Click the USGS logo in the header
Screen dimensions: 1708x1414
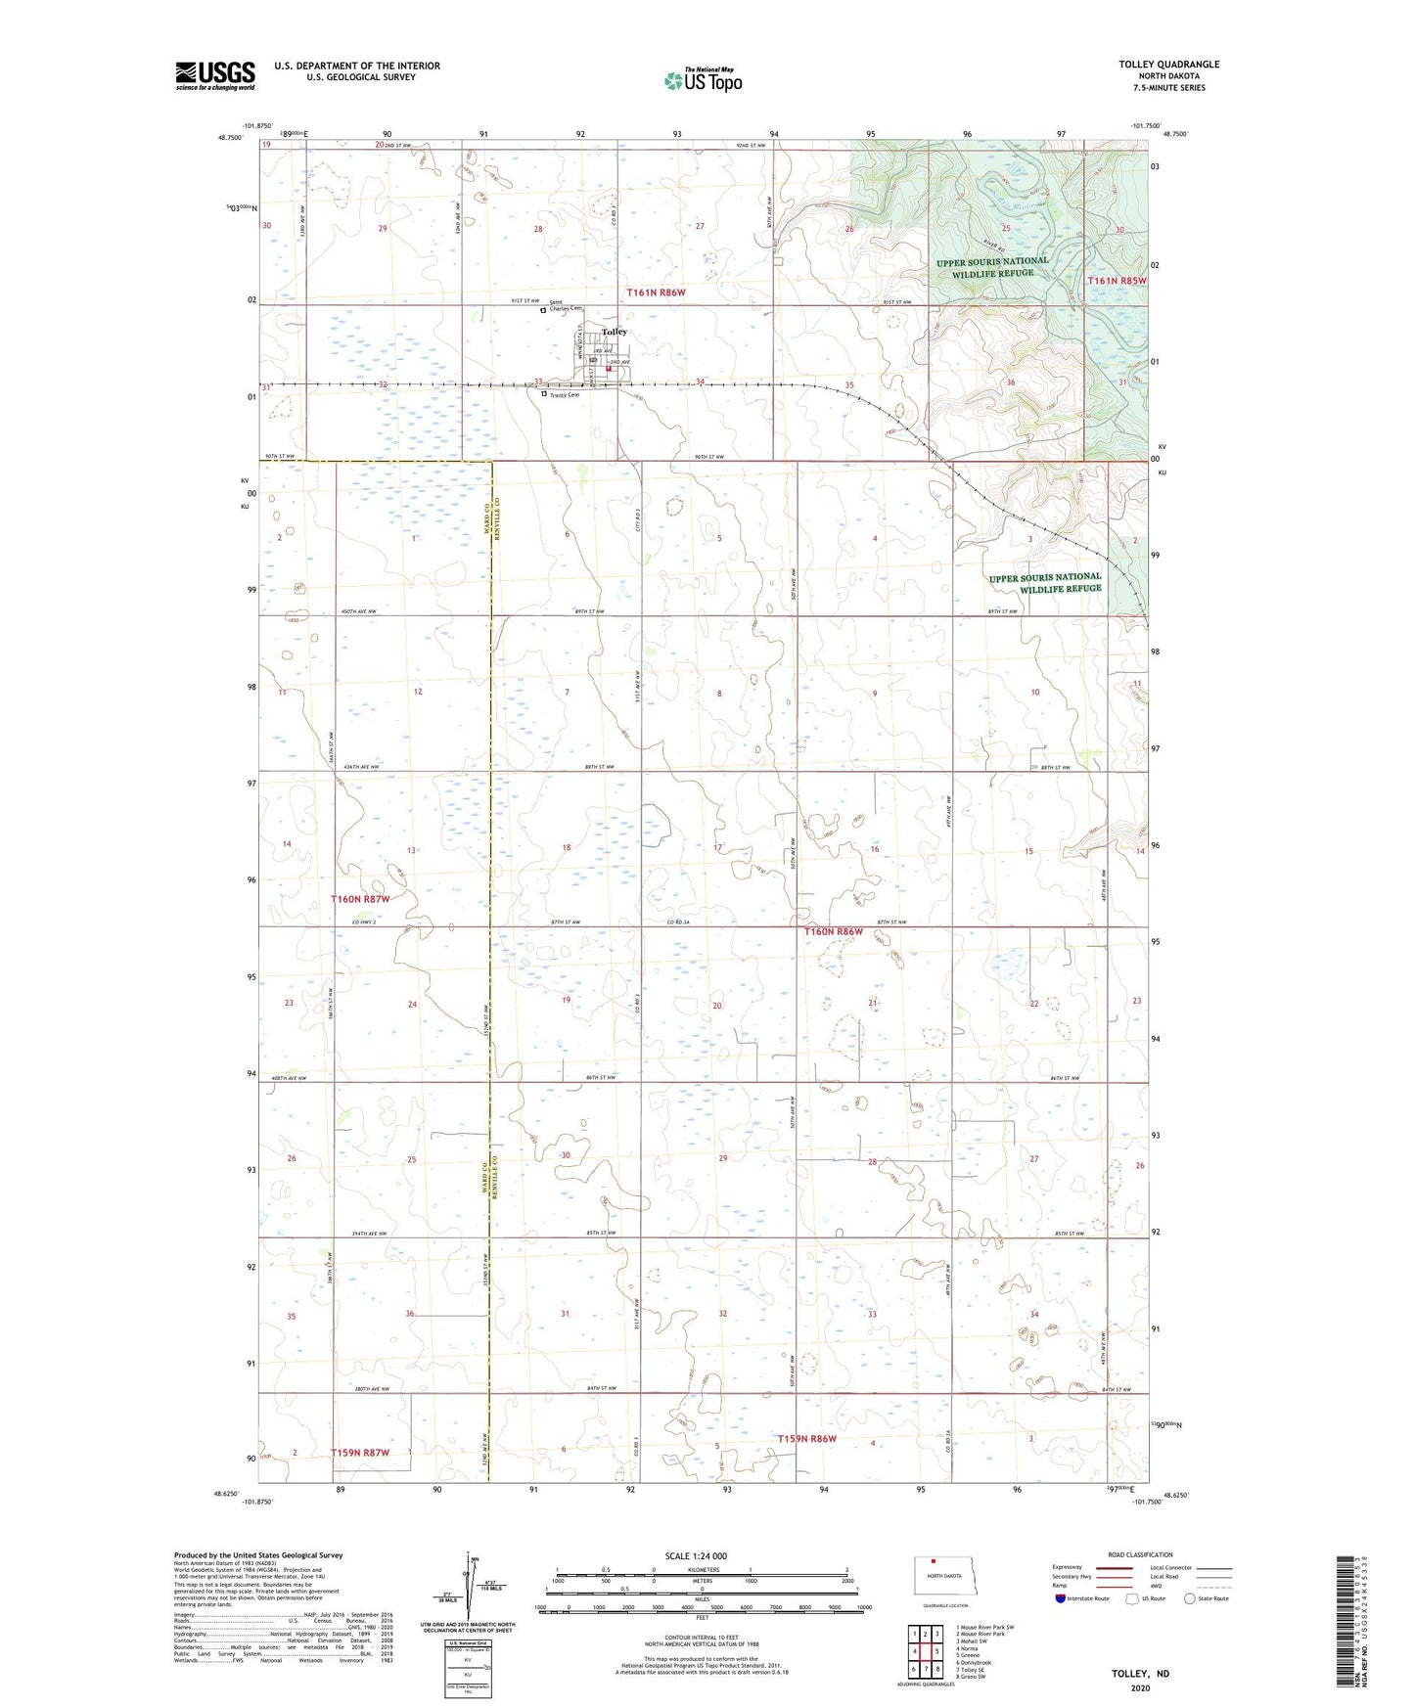(x=214, y=75)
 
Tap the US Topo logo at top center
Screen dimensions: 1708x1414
(x=703, y=80)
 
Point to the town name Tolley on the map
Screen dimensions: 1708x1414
(x=615, y=332)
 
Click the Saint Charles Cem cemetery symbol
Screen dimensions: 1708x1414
(x=544, y=310)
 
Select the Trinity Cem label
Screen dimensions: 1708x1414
(x=565, y=395)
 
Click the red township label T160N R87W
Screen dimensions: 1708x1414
(x=360, y=898)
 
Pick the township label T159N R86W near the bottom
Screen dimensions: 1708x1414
(x=806, y=1438)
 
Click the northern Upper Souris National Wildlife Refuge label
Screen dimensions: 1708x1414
(x=992, y=267)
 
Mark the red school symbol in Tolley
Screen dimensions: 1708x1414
(x=608, y=369)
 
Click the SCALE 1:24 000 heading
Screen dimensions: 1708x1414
(x=696, y=1555)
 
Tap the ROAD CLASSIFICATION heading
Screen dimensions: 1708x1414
(x=1140, y=1554)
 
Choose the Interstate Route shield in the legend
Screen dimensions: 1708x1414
(x=1061, y=1598)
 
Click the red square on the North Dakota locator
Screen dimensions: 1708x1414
(x=933, y=1561)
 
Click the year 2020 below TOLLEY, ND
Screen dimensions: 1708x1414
(x=1140, y=1687)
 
